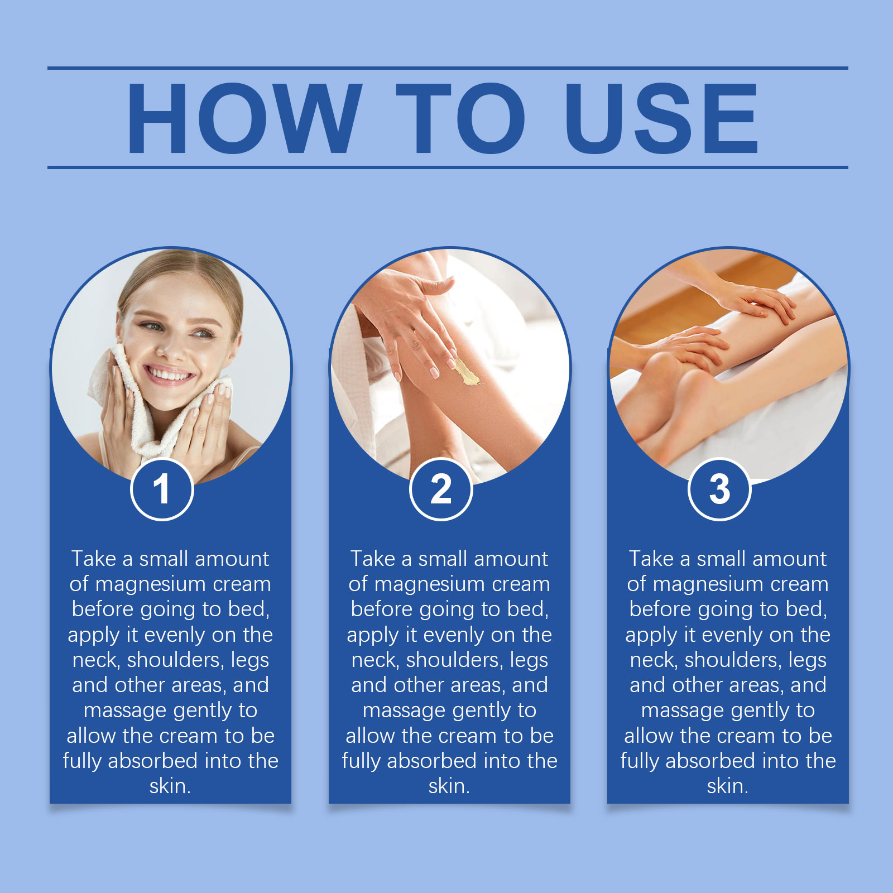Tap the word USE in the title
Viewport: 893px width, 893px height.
pyautogui.click(x=661, y=118)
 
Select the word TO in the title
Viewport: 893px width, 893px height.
pyautogui.click(x=461, y=118)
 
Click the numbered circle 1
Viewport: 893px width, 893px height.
pyautogui.click(x=162, y=489)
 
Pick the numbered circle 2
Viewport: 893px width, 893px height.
pyautogui.click(x=441, y=489)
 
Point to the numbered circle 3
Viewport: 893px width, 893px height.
pyautogui.click(x=719, y=489)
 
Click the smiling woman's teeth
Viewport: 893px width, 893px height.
pyautogui.click(x=170, y=375)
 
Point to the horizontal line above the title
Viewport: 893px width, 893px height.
pyautogui.click(x=448, y=68)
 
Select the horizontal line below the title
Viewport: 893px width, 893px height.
pyautogui.click(x=448, y=167)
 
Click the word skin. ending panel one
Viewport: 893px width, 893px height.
pyautogui.click(x=170, y=786)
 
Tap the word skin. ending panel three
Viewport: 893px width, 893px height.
pyautogui.click(x=728, y=786)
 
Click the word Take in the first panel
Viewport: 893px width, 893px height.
pyautogui.click(x=94, y=559)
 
